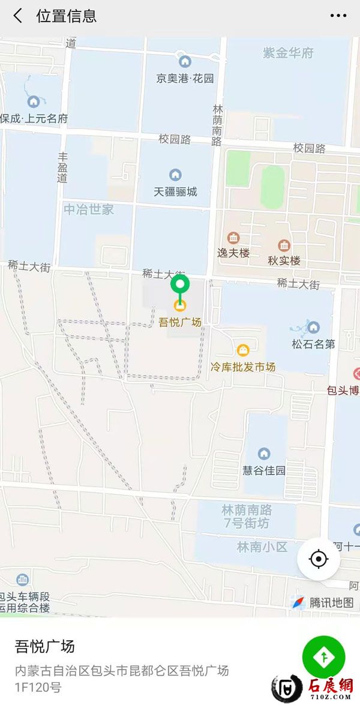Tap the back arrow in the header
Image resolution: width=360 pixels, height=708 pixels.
pos(18,16)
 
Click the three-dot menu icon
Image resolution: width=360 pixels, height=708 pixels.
pos(338,16)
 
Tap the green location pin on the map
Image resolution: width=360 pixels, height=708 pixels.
pos(180,284)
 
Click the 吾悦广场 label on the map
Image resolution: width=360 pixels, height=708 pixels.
pos(180,322)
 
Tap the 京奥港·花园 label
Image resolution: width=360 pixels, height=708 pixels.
pos(185,78)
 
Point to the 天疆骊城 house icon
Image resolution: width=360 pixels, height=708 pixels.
pos(175,175)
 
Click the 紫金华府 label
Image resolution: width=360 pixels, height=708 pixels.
pos(289,53)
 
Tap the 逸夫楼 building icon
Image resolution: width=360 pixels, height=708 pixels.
pos(233,238)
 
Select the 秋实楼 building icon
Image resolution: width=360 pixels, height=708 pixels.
pos(284,245)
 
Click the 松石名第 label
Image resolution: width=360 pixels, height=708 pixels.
pos(313,344)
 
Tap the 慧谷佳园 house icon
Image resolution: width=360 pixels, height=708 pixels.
pos(263,454)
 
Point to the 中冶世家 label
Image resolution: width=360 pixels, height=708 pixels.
pos(89,210)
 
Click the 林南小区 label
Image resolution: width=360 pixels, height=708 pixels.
pos(262,547)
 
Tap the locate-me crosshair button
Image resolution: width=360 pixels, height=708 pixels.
pos(318,559)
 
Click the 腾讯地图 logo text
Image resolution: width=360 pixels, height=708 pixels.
pos(331,602)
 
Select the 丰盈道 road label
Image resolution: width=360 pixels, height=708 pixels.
pos(62,167)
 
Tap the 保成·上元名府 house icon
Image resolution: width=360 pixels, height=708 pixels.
pos(34,102)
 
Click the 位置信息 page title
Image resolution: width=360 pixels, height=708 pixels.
pos(67,16)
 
